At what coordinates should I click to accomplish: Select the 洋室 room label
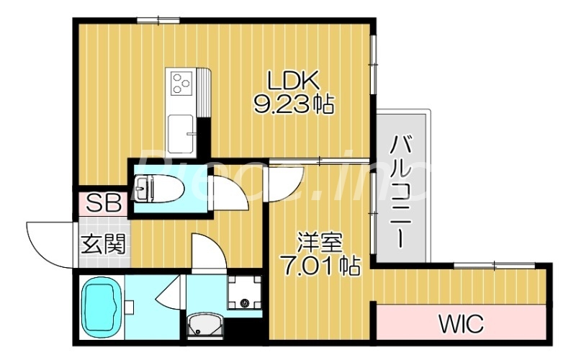click(x=317, y=241)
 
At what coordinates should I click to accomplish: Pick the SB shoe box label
click(x=104, y=204)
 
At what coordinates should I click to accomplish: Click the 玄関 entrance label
click(x=102, y=244)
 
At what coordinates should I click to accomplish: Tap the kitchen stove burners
click(x=181, y=84)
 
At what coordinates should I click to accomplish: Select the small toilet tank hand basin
click(x=141, y=188)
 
